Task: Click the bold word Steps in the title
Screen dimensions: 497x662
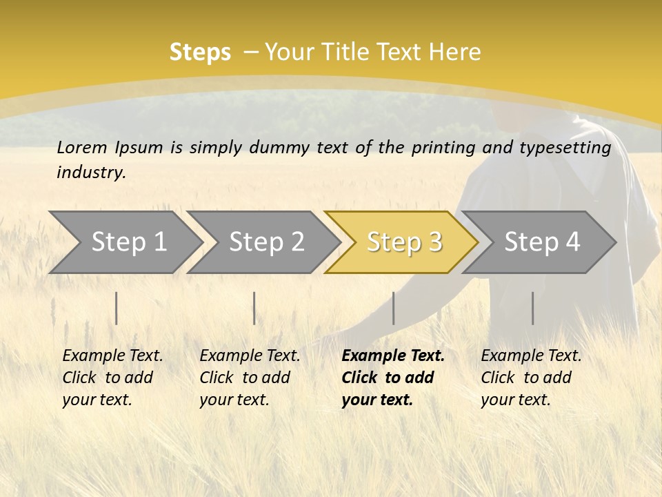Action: [x=200, y=52]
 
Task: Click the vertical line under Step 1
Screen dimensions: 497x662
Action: [x=117, y=308]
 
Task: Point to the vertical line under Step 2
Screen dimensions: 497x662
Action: [x=254, y=308]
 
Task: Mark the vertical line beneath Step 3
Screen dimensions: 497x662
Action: [x=394, y=308]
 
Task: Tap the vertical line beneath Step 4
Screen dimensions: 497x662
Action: [x=532, y=308]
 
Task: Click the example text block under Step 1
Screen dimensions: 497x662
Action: [x=112, y=378]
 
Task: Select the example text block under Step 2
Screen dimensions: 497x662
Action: [x=250, y=378]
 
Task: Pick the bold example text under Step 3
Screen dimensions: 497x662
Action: [x=393, y=378]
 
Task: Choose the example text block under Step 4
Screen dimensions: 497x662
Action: [x=531, y=378]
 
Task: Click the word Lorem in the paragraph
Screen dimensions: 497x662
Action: [x=82, y=148]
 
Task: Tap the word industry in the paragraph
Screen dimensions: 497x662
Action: [x=91, y=173]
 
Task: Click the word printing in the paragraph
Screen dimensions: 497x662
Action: [x=443, y=148]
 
